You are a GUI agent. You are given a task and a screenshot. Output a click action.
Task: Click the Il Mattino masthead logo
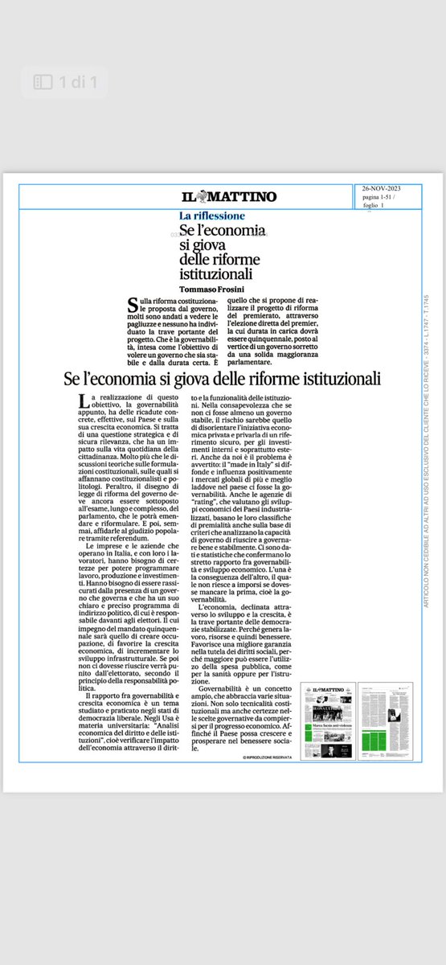[x=228, y=197]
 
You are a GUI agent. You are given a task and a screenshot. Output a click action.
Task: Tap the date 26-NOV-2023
[x=381, y=189]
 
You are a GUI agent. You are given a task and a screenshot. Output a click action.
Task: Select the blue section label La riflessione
[x=212, y=216]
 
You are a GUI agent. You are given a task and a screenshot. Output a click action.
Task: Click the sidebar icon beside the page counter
[x=42, y=82]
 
